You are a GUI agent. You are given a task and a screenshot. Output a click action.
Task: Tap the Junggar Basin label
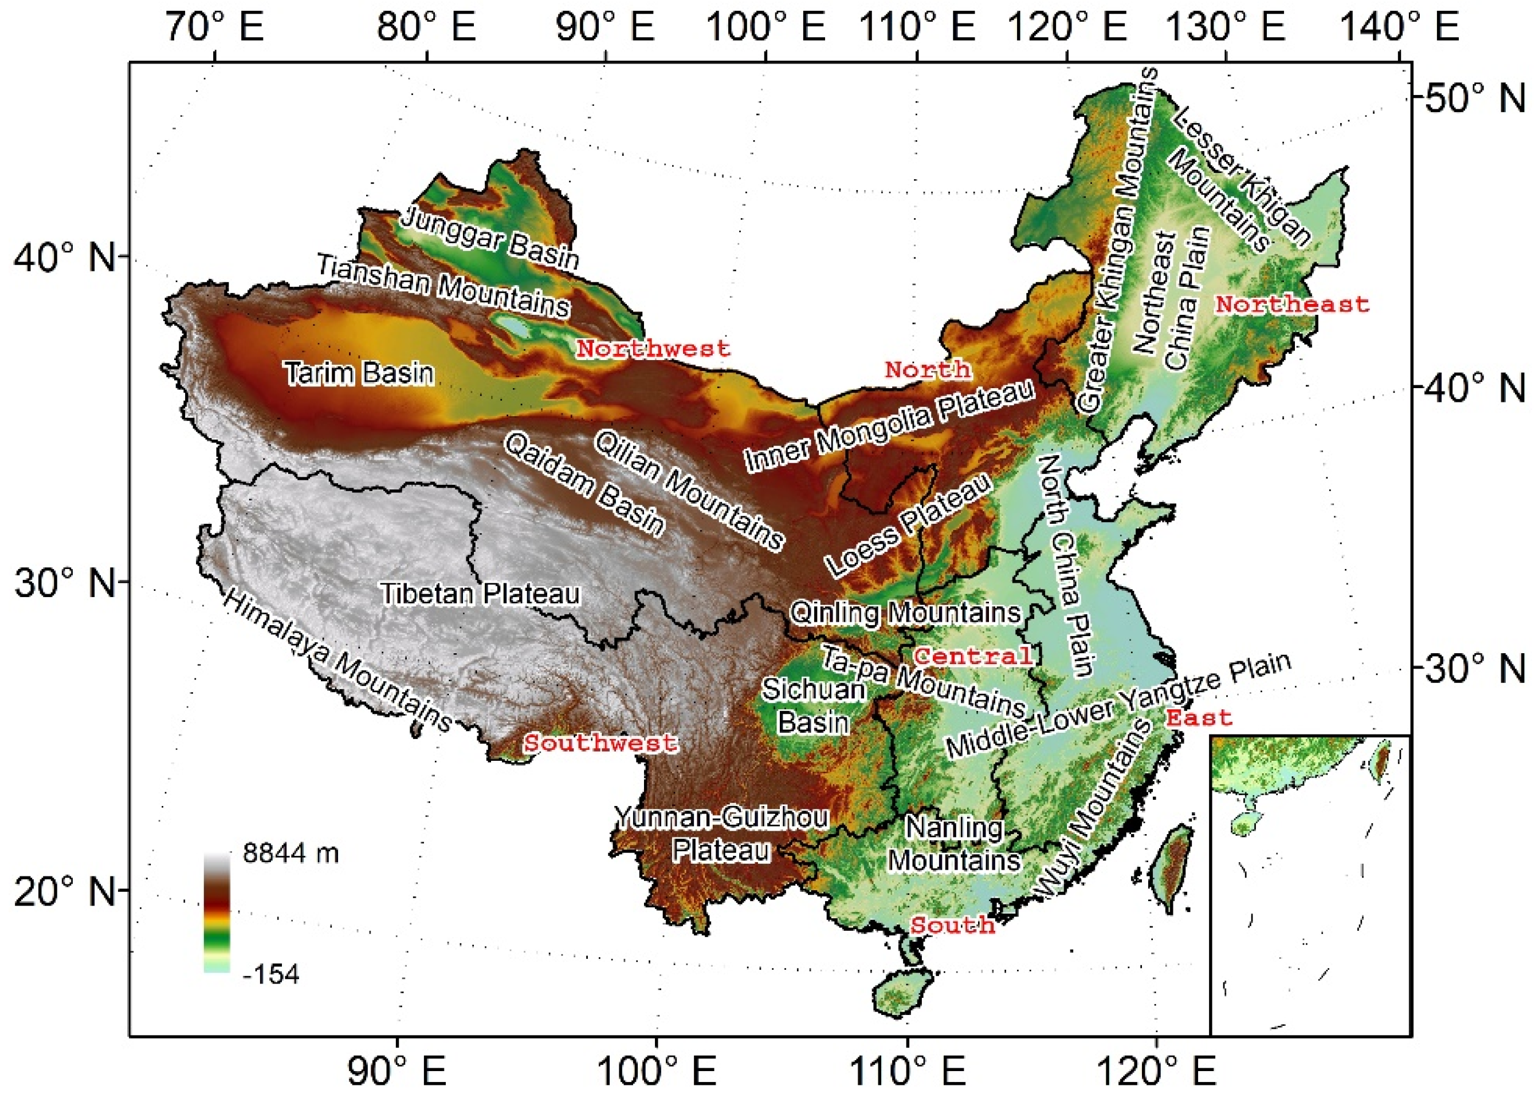click(x=490, y=238)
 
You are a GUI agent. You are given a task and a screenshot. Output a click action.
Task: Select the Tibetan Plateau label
click(x=480, y=594)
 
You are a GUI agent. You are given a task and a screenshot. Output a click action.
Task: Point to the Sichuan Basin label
click(x=814, y=706)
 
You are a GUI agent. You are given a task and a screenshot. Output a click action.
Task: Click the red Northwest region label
click(x=653, y=349)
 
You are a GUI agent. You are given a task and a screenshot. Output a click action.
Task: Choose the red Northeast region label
click(x=1292, y=305)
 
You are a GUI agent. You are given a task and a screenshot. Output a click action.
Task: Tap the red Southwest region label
click(x=600, y=742)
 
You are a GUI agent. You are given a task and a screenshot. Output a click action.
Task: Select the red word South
click(x=953, y=925)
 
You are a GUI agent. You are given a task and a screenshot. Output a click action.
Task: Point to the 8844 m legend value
click(x=291, y=852)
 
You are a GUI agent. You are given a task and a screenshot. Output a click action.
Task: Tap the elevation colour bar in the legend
click(x=217, y=913)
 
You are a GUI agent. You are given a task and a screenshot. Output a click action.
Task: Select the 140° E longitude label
click(x=1399, y=27)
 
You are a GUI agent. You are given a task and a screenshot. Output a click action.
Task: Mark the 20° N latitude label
click(x=65, y=890)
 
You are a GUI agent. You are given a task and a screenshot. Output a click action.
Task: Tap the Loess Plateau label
click(x=908, y=526)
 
